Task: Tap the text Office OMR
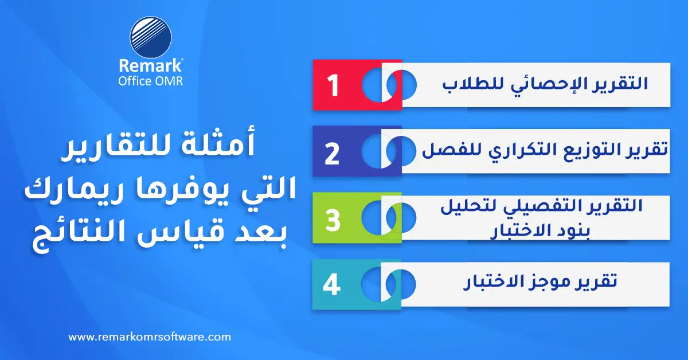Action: (150, 81)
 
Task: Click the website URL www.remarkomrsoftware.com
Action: (150, 337)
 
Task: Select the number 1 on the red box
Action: (333, 85)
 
